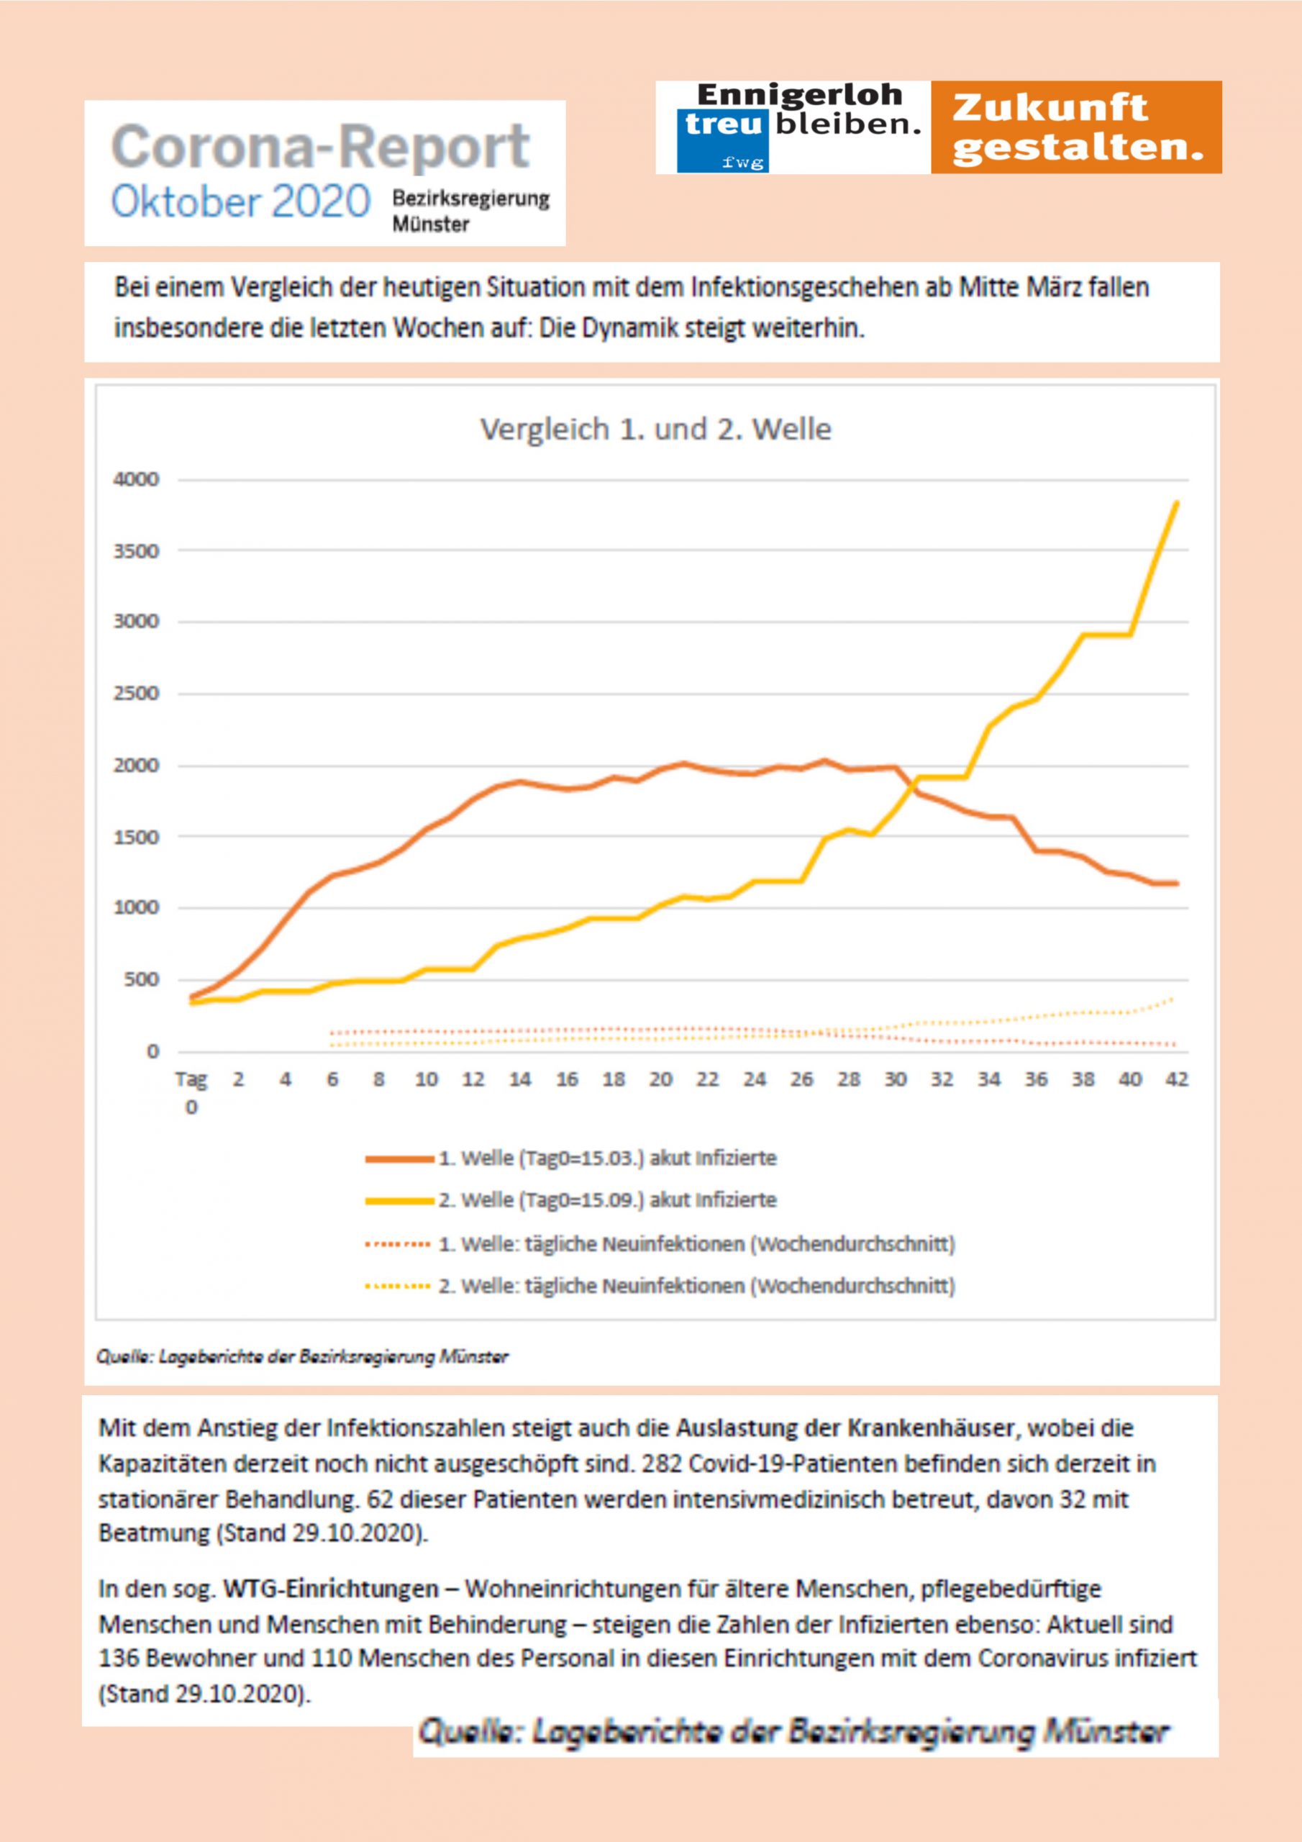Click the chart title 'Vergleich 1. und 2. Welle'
coord(655,430)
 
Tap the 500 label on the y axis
coord(141,979)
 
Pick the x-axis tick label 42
coord(1176,1080)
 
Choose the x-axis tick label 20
coord(660,1080)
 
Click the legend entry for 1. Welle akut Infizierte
coord(606,1158)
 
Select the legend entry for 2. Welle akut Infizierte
coord(606,1200)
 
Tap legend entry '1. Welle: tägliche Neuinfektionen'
coord(696,1244)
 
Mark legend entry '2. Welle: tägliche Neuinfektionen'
coord(696,1286)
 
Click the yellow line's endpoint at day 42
coord(1176,503)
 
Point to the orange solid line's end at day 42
coord(1176,884)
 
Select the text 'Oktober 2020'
coord(241,201)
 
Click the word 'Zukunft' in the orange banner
coord(1050,107)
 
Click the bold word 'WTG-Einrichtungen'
coord(330,1589)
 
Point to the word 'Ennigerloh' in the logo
coord(799,96)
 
